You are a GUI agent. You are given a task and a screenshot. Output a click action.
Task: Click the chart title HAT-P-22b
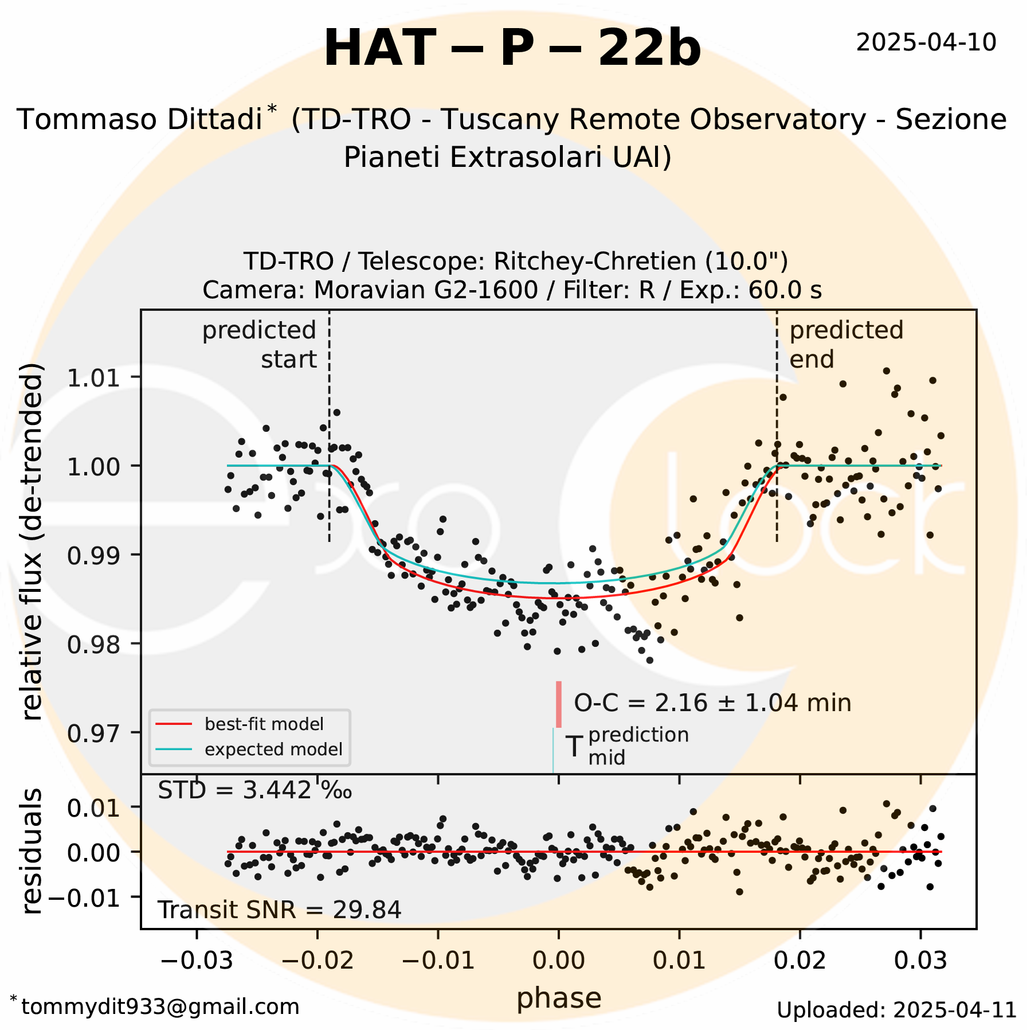[512, 49]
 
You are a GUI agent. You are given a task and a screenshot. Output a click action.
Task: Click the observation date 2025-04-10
[926, 43]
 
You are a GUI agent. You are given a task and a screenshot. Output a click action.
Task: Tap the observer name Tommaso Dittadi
[139, 120]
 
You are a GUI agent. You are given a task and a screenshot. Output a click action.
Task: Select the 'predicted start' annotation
[260, 345]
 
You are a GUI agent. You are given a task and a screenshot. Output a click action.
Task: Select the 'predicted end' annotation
[846, 345]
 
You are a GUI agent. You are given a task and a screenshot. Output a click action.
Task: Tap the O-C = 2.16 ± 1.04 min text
[712, 703]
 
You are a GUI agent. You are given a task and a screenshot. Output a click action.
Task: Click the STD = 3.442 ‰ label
[254, 791]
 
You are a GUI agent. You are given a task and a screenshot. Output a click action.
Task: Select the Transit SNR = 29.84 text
[279, 910]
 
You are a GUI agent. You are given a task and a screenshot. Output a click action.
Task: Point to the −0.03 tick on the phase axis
[197, 960]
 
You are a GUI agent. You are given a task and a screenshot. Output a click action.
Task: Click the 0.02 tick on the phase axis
[800, 960]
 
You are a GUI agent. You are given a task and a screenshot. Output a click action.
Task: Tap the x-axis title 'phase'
[559, 998]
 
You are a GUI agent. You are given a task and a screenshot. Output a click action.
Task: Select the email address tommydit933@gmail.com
[160, 1006]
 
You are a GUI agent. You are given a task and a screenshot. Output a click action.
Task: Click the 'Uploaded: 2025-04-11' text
[896, 1010]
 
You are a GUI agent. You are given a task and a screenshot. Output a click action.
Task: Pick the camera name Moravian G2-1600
[425, 291]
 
